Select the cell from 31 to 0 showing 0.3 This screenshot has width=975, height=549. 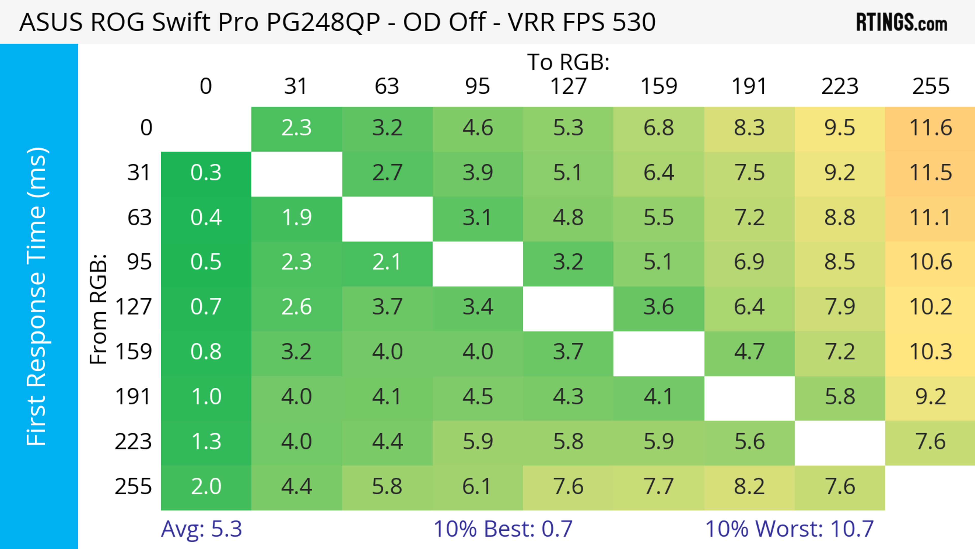206,173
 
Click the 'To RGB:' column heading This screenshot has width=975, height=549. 568,62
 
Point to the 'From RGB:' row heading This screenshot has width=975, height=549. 99,309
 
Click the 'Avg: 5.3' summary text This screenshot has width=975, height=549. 201,529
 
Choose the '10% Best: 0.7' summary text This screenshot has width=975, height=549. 503,529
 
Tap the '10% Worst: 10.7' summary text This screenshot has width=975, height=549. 789,529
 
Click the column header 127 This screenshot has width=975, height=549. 568,86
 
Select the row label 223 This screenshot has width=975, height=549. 133,442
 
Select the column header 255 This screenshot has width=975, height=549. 930,86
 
